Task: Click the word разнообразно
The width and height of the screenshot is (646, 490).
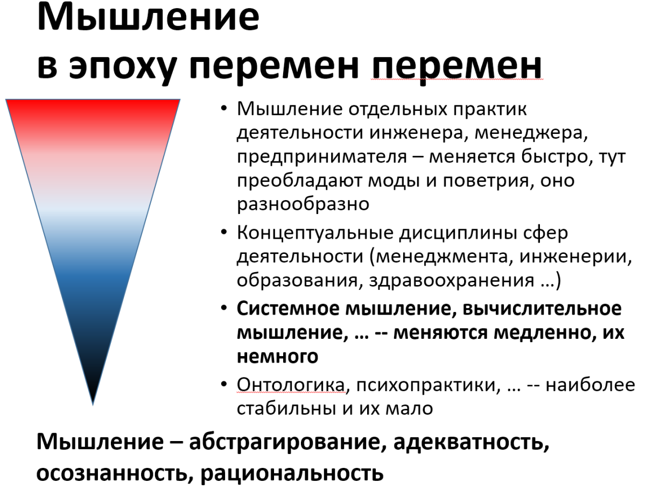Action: tap(303, 204)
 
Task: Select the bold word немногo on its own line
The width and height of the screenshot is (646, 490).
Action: tap(276, 357)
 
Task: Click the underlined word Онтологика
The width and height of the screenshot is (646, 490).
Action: tap(291, 385)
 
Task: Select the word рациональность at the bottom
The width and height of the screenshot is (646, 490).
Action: tap(293, 473)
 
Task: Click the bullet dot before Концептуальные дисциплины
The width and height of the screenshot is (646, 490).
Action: tap(224, 235)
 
